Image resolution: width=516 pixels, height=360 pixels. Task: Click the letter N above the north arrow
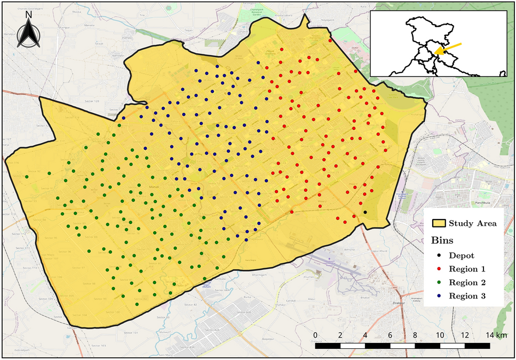pyautogui.click(x=29, y=15)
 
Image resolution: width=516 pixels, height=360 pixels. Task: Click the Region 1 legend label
pyautogui.click(x=466, y=269)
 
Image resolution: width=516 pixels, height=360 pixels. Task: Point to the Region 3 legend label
pyautogui.click(x=466, y=296)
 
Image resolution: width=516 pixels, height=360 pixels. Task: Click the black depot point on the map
pyautogui.click(x=365, y=212)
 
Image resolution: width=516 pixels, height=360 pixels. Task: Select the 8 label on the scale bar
pyautogui.click(x=415, y=335)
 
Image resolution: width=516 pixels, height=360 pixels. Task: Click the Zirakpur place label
pyautogui.click(x=395, y=308)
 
